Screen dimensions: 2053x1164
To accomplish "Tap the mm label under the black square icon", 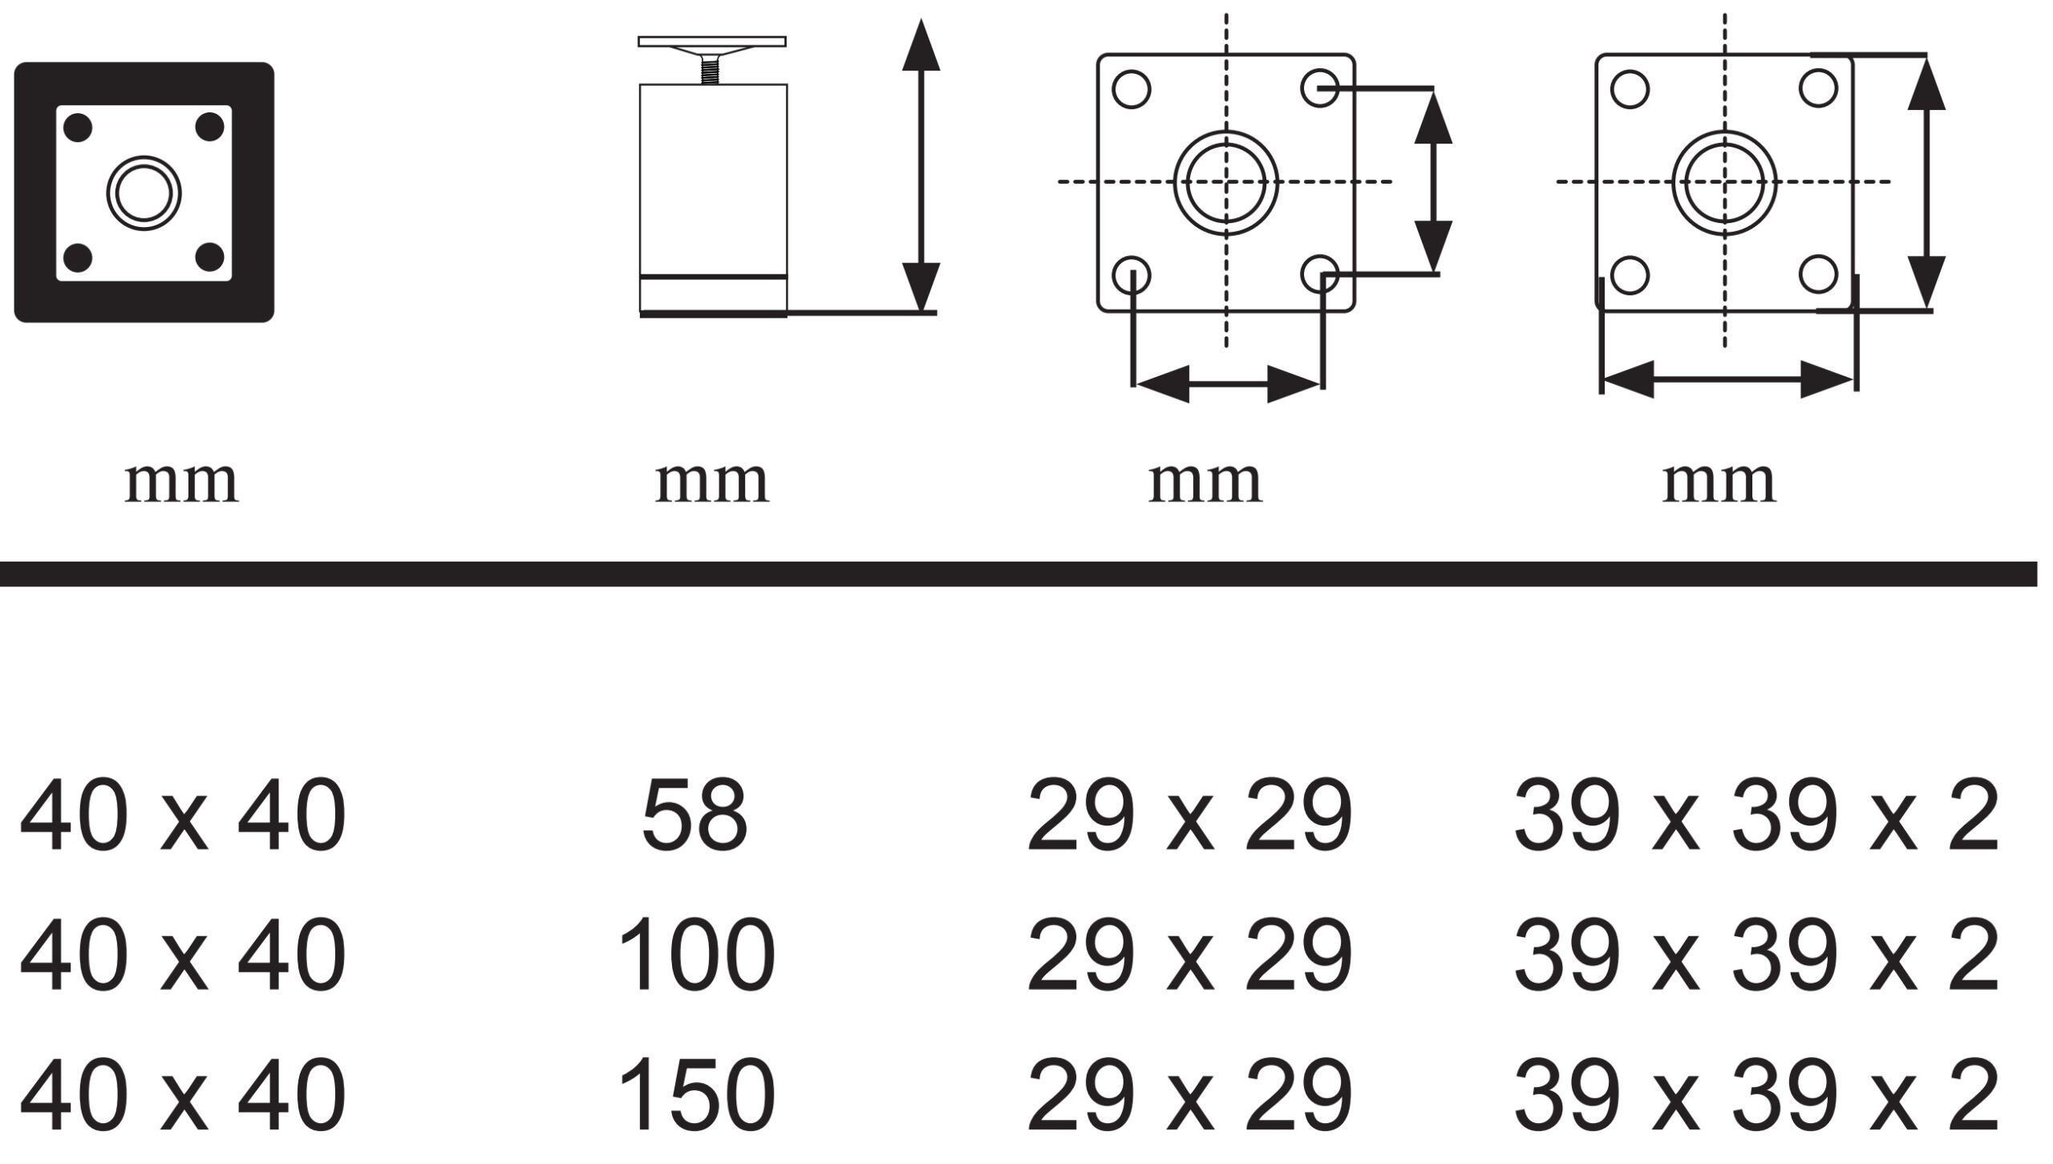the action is [182, 482].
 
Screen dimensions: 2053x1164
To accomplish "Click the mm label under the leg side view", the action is [712, 482].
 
